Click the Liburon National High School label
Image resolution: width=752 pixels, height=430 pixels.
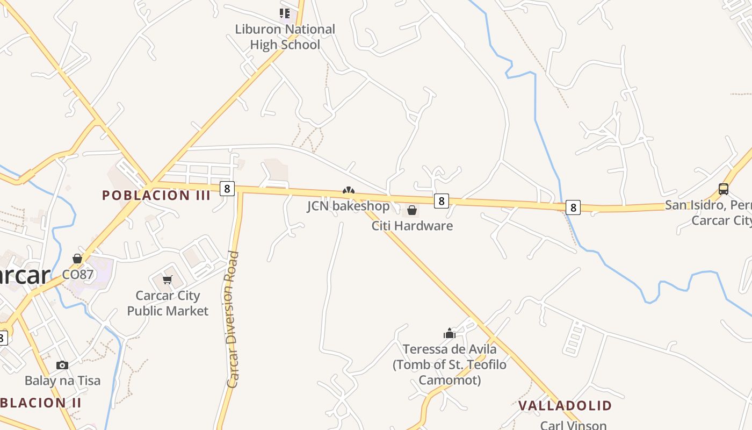285,37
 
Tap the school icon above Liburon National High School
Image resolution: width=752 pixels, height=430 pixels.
284,13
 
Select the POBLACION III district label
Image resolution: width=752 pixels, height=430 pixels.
156,195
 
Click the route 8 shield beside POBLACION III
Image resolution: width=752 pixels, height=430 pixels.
227,189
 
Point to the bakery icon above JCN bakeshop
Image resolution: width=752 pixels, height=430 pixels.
349,191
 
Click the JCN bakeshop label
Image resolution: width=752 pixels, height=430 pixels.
348,206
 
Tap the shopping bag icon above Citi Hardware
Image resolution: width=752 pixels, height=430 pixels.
412,210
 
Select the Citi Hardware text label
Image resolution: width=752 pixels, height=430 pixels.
412,226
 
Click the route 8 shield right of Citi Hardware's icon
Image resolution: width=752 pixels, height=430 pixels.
441,201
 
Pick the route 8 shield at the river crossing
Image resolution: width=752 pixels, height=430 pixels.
573,207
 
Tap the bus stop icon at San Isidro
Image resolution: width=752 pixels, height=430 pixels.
724,189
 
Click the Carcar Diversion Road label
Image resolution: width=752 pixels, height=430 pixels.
233,319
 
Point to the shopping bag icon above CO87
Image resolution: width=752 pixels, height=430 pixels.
77,259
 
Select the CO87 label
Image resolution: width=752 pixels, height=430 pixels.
78,275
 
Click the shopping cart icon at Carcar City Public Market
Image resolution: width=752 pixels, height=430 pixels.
168,279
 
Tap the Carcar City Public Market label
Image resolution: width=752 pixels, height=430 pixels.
168,303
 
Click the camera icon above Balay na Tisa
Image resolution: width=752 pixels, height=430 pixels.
62,365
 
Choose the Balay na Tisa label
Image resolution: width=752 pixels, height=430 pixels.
62,381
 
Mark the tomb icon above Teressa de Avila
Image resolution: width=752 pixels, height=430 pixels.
450,333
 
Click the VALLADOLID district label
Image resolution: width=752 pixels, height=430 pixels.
565,406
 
